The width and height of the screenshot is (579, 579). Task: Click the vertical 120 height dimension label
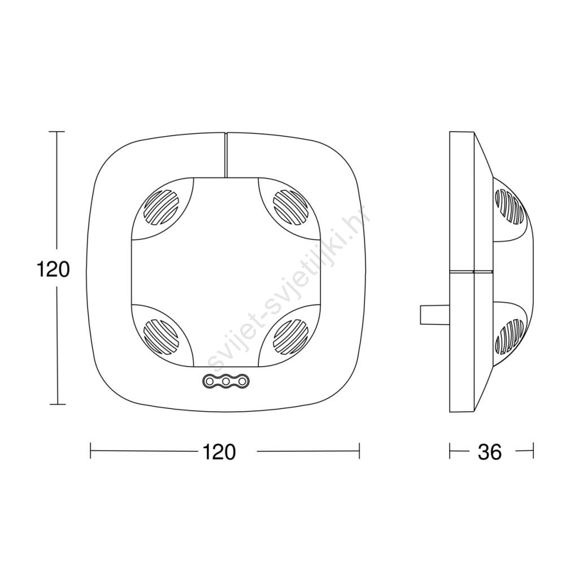pyautogui.click(x=53, y=269)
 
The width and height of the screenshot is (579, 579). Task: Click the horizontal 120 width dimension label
pyautogui.click(x=219, y=451)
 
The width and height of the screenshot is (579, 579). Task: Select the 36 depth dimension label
pyautogui.click(x=490, y=451)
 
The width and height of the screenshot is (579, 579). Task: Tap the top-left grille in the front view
pyautogui.click(x=160, y=207)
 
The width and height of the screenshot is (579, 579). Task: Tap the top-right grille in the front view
pyautogui.click(x=290, y=207)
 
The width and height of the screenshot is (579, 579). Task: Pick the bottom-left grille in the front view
pyautogui.click(x=160, y=337)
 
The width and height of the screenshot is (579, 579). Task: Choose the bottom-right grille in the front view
pyautogui.click(x=290, y=337)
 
